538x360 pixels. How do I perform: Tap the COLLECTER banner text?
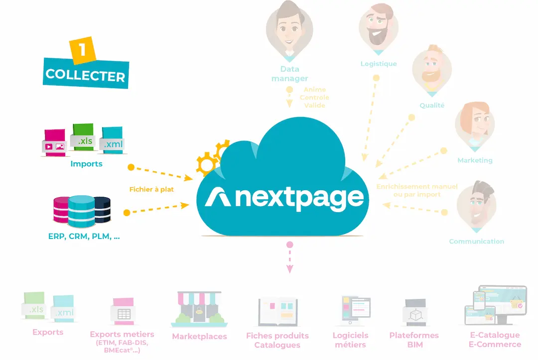click(x=85, y=75)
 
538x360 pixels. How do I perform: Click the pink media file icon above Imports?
click(x=54, y=142)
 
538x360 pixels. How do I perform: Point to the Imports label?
click(x=86, y=163)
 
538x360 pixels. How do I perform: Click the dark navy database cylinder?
click(x=102, y=209)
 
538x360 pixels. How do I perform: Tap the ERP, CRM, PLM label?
click(x=84, y=237)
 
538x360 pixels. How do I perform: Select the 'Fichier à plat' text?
click(x=152, y=189)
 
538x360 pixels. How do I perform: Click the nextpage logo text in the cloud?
click(x=299, y=198)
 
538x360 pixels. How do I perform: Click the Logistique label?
click(x=379, y=64)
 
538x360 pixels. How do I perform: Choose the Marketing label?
click(x=475, y=160)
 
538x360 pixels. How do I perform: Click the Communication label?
click(x=476, y=241)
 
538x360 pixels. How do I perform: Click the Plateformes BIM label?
click(x=414, y=340)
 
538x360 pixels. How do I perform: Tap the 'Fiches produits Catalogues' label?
click(x=277, y=340)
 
